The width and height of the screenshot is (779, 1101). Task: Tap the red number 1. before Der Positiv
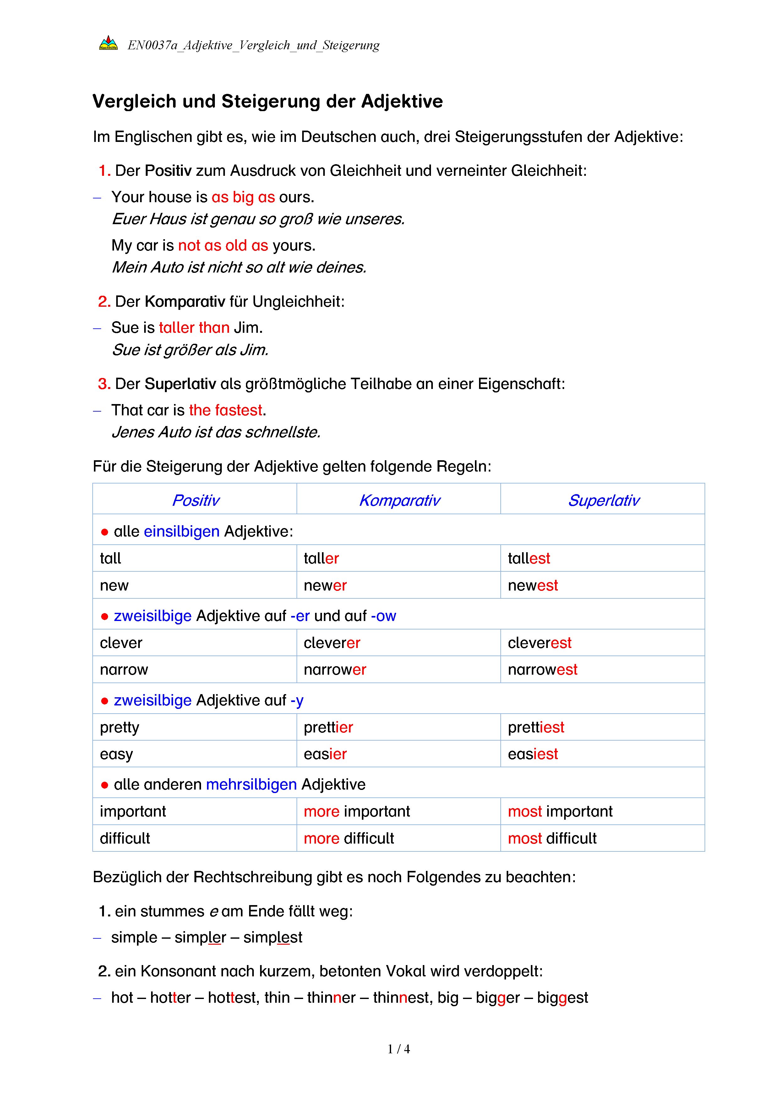pos(105,171)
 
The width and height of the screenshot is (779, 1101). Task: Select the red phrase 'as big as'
pos(243,197)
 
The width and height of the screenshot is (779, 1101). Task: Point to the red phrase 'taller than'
pos(194,327)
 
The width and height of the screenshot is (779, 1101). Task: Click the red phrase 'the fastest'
pos(226,410)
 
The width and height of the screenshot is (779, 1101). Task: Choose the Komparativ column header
pos(399,500)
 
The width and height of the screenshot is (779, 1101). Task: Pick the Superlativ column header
pos(603,500)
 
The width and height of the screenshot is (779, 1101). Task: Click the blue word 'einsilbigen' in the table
pos(181,531)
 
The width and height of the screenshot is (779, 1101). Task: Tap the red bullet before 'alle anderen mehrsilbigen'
pos(105,785)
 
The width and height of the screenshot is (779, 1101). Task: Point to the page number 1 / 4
pos(399,1049)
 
